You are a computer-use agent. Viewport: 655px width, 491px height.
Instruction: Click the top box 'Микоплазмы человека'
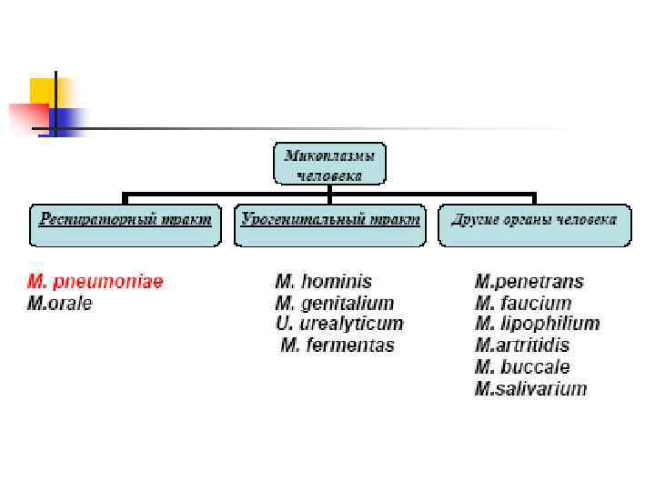[x=330, y=165]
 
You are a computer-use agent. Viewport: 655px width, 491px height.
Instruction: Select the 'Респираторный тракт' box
[x=126, y=225]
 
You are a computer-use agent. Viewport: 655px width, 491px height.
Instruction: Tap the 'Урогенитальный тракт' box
[x=330, y=225]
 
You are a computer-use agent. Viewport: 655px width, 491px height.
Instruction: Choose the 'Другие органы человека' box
[x=535, y=225]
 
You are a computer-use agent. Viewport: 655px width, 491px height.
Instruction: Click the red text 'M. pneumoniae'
[x=96, y=282]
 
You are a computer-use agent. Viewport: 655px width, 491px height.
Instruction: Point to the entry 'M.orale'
[x=60, y=304]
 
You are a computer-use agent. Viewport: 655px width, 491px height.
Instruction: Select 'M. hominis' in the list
[x=323, y=282]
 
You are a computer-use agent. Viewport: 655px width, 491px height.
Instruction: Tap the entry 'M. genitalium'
[x=334, y=304]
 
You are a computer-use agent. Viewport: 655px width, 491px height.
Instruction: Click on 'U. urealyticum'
[x=338, y=324]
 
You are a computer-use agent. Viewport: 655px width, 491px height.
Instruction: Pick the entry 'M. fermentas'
[x=338, y=346]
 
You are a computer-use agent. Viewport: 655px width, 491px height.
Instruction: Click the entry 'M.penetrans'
[x=529, y=282]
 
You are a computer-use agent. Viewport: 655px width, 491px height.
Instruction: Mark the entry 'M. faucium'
[x=523, y=304]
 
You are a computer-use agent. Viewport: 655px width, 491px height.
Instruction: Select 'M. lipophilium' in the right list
[x=537, y=324]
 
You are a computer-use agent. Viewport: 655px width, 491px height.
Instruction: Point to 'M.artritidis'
[x=522, y=346]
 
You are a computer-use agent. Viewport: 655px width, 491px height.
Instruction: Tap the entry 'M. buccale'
[x=522, y=367]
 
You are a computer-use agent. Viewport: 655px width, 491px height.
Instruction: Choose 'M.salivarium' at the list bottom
[x=531, y=389]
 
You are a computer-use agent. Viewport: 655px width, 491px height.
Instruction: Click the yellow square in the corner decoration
[x=43, y=91]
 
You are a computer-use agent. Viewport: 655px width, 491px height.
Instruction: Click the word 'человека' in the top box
[x=330, y=175]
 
